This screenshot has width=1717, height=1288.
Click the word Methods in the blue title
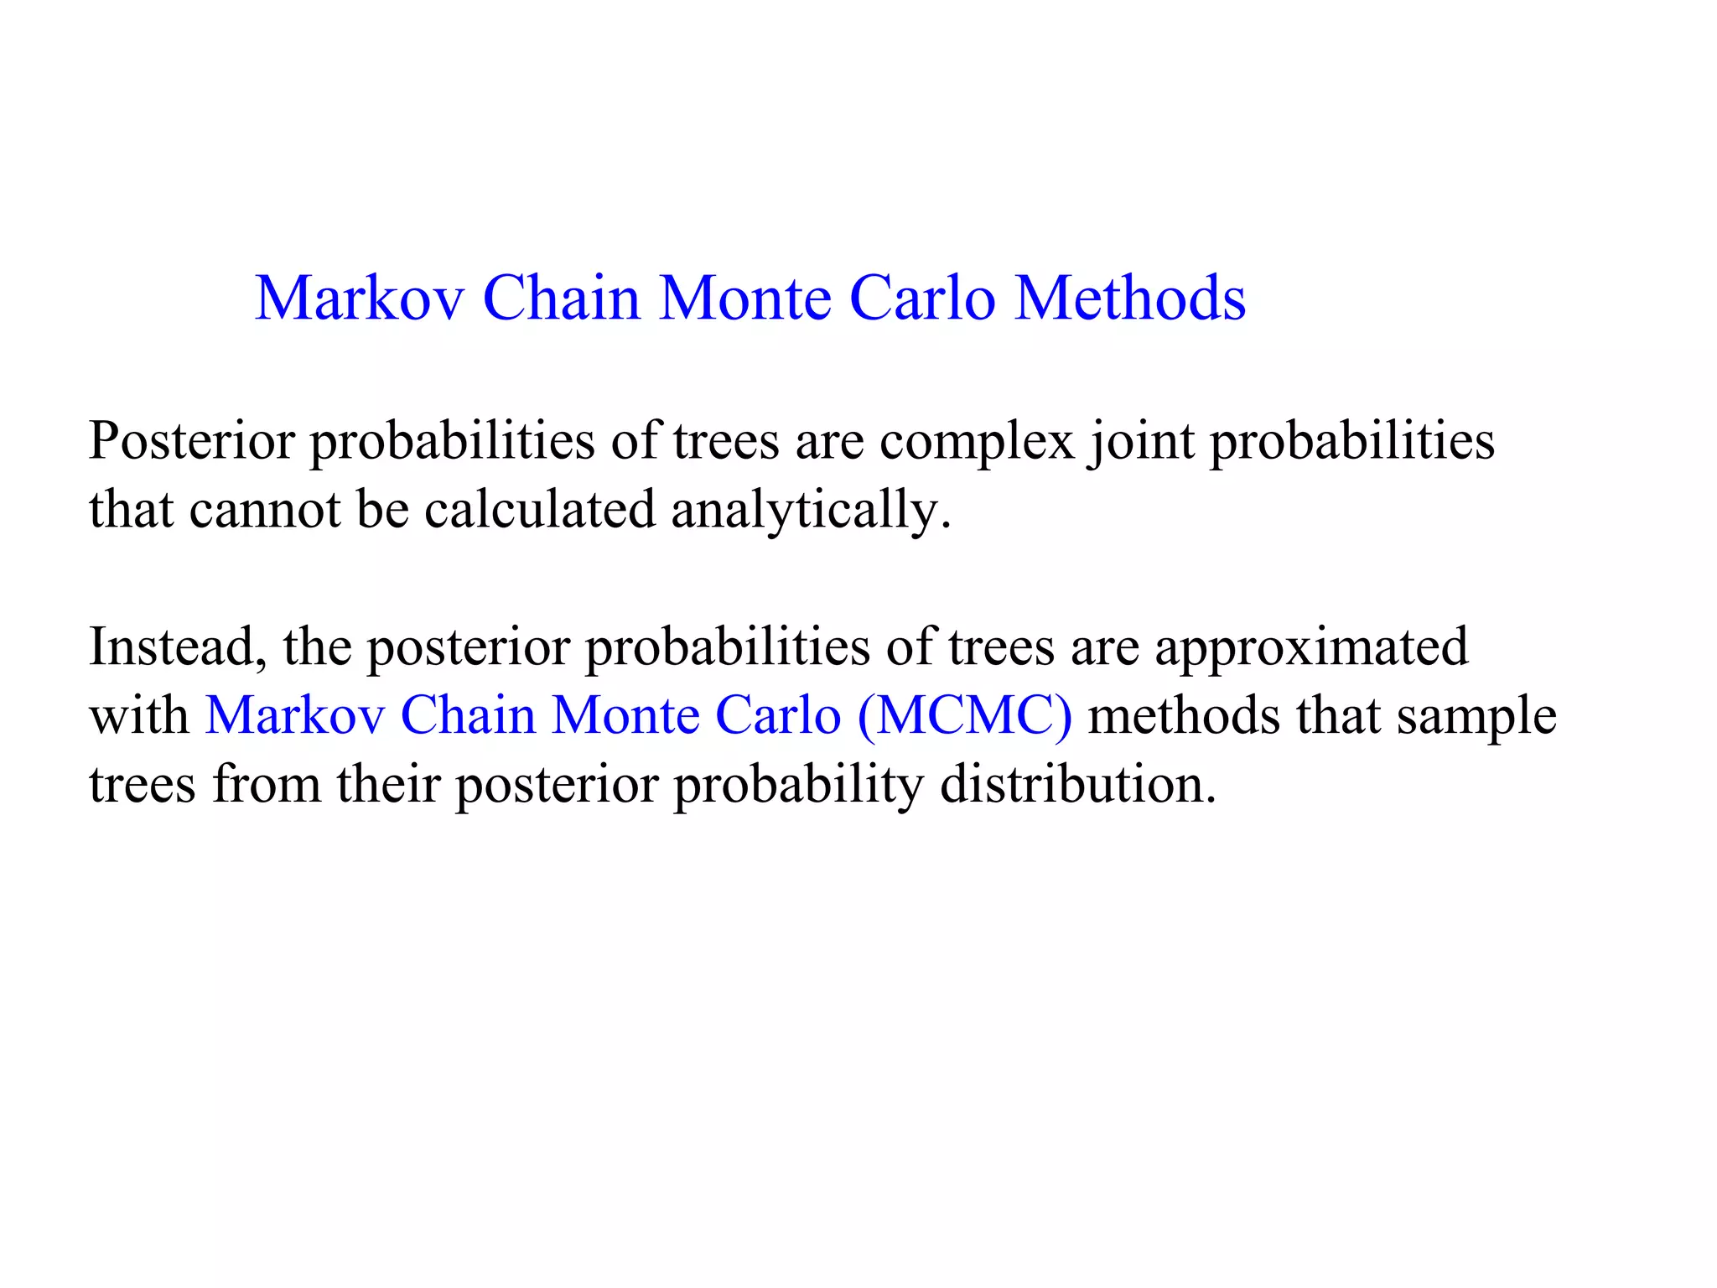[1130, 299]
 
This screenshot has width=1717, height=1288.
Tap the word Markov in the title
[360, 299]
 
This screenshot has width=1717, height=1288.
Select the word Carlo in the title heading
[922, 299]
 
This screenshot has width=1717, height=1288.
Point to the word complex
[977, 442]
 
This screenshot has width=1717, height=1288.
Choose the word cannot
[264, 510]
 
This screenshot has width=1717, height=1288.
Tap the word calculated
[539, 510]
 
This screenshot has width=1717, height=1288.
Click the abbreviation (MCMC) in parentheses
[965, 717]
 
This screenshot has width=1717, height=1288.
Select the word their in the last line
[388, 785]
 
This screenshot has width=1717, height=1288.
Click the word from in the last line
[267, 785]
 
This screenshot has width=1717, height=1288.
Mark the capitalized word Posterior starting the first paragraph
[192, 442]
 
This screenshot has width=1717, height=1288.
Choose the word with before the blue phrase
[139, 717]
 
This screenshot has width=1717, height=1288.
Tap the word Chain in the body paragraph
[468, 717]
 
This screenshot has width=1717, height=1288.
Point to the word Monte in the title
[745, 299]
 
